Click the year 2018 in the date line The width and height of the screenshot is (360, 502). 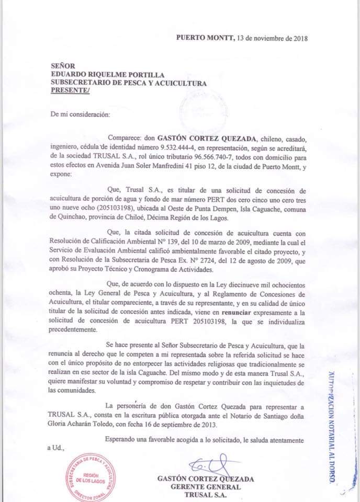point(301,38)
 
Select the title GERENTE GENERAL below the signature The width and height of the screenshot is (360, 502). point(206,486)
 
